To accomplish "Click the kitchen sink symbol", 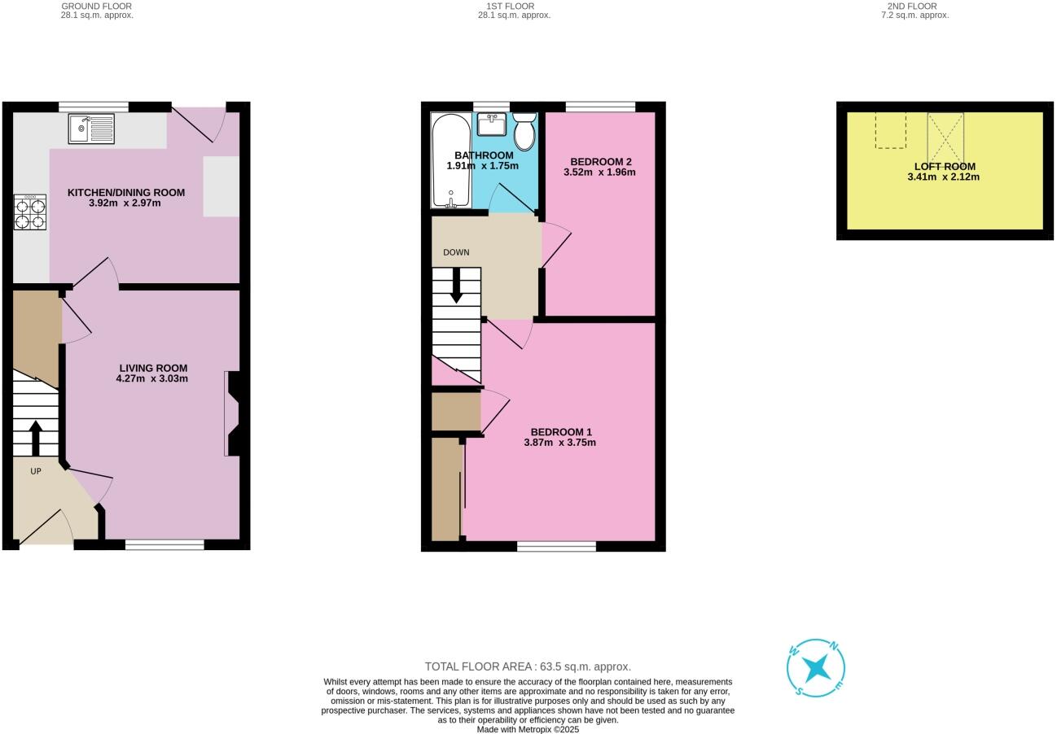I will pos(91,129).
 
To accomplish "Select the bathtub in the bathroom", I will pos(450,160).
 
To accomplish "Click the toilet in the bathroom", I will pos(524,132).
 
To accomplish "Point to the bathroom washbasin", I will pos(492,125).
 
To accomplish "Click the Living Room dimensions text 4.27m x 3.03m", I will pos(152,378).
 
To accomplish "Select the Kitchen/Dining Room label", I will pos(125,193).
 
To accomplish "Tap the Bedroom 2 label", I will pos(601,161).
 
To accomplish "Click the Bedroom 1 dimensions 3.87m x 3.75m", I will pos(560,443).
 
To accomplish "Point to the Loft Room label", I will pos(945,166).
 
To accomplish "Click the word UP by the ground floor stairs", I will pos(36,471).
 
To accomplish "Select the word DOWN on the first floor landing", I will pos(456,252).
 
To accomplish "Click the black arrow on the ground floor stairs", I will pos(36,438).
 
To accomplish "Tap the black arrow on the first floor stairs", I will pos(456,286).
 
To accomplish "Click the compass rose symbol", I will pos(816,668).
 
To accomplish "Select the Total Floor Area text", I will pos(528,666).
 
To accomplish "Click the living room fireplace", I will pos(232,413).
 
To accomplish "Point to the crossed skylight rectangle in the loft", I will pos(945,138).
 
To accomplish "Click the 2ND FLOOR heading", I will pos(912,6).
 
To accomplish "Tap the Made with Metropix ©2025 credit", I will pos(528,729).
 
